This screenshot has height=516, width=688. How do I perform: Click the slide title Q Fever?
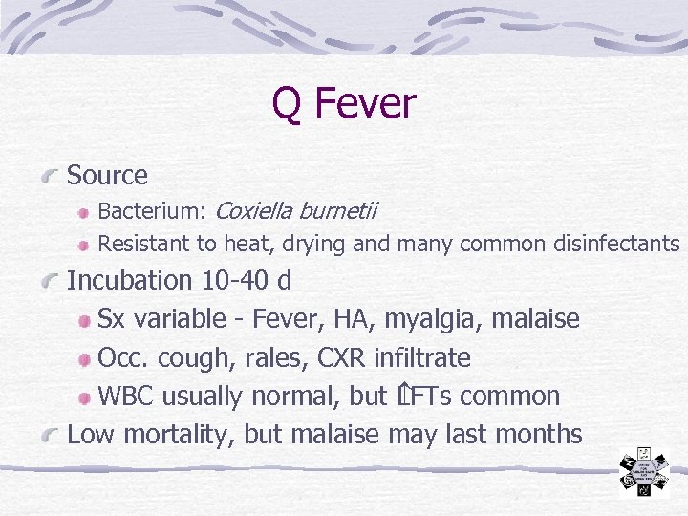click(344, 103)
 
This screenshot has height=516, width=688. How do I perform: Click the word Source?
click(107, 176)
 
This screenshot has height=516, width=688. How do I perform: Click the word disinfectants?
click(616, 244)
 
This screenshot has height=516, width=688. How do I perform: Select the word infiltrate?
click(423, 358)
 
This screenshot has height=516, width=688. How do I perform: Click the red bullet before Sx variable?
click(85, 320)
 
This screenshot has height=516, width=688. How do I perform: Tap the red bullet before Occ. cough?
click(85, 359)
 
